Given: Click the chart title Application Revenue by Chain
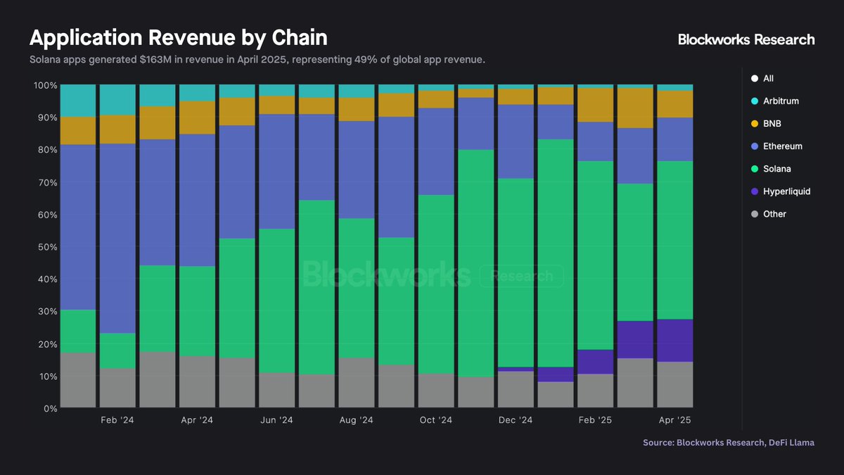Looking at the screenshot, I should [x=178, y=37].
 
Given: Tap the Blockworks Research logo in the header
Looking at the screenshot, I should [x=746, y=39].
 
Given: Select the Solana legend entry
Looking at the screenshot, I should [x=777, y=169].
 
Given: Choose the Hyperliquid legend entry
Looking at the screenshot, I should [x=786, y=191].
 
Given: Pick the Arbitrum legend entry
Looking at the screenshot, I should [x=781, y=101].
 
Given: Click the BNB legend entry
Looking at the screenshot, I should [x=772, y=124].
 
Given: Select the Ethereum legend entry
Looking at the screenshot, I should [x=782, y=146].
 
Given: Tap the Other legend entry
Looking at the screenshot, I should [x=774, y=214].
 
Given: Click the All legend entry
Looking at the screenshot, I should [x=768, y=79].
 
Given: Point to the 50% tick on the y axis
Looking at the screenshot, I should [x=46, y=247].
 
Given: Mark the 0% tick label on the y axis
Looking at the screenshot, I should [x=49, y=409].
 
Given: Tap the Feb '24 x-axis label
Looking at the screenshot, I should [x=117, y=420].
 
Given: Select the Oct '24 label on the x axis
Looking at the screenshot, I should [x=436, y=420].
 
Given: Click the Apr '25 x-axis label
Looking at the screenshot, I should [x=674, y=420].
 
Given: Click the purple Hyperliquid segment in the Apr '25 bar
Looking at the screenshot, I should [x=674, y=341].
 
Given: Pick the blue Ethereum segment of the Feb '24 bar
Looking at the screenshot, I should [x=117, y=239].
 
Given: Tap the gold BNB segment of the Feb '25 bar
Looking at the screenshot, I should [x=595, y=105].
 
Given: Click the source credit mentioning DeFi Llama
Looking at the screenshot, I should [x=729, y=442].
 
